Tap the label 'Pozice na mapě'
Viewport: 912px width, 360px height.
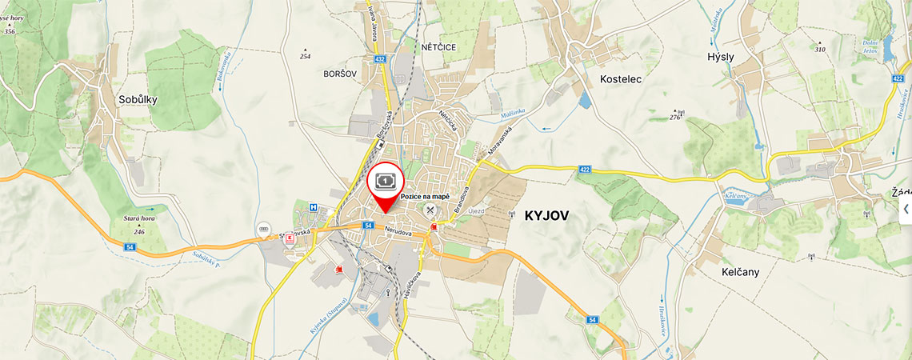425,197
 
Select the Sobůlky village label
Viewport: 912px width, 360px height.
138,100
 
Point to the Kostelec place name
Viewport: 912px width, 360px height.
621,79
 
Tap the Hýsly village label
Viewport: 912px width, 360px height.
720,58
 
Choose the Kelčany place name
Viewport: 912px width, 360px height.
740,272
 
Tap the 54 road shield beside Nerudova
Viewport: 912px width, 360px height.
368,226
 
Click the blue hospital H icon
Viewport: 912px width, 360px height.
314,208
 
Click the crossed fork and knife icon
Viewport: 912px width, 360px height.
430,211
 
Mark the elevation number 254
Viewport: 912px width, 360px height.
305,56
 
